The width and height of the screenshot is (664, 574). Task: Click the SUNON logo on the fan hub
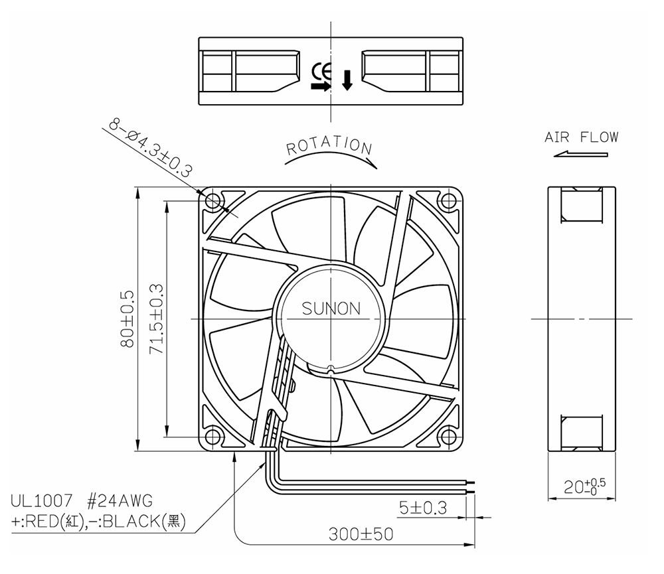(x=331, y=309)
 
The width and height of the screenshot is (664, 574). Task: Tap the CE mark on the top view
(x=322, y=72)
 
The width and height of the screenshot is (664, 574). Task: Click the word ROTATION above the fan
(x=329, y=145)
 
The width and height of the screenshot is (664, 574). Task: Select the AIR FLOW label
(x=582, y=137)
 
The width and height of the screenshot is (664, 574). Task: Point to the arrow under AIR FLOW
(x=580, y=155)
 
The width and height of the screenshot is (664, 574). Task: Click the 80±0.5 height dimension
(x=127, y=319)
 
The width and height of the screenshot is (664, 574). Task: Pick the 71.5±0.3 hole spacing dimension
(x=157, y=319)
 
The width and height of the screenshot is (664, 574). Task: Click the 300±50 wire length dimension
(x=361, y=534)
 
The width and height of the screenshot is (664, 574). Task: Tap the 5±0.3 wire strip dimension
(x=423, y=508)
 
